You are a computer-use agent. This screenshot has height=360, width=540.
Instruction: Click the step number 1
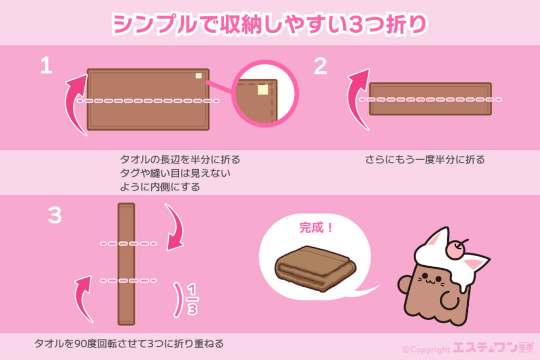point(46,65)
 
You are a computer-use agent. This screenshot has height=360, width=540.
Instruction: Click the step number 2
point(320,66)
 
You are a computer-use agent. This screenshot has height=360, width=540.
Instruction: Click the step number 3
point(55,215)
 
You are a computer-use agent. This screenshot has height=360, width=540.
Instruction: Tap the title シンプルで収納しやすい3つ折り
point(269,24)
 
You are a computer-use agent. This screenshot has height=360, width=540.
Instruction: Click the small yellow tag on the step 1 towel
point(199,76)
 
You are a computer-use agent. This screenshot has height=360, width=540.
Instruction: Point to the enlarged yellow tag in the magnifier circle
point(263,90)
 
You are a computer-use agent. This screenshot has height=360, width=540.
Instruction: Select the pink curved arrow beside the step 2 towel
point(357,99)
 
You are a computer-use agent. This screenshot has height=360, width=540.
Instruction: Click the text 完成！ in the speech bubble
point(316,228)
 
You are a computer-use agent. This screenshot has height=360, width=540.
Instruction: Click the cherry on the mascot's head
point(457,249)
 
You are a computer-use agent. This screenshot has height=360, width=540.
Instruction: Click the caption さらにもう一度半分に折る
point(425,160)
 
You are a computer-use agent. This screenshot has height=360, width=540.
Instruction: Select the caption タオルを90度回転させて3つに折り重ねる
point(129,344)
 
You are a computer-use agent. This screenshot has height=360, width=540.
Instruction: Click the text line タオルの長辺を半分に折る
point(180,160)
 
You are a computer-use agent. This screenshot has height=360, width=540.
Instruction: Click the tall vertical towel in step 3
point(127,264)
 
